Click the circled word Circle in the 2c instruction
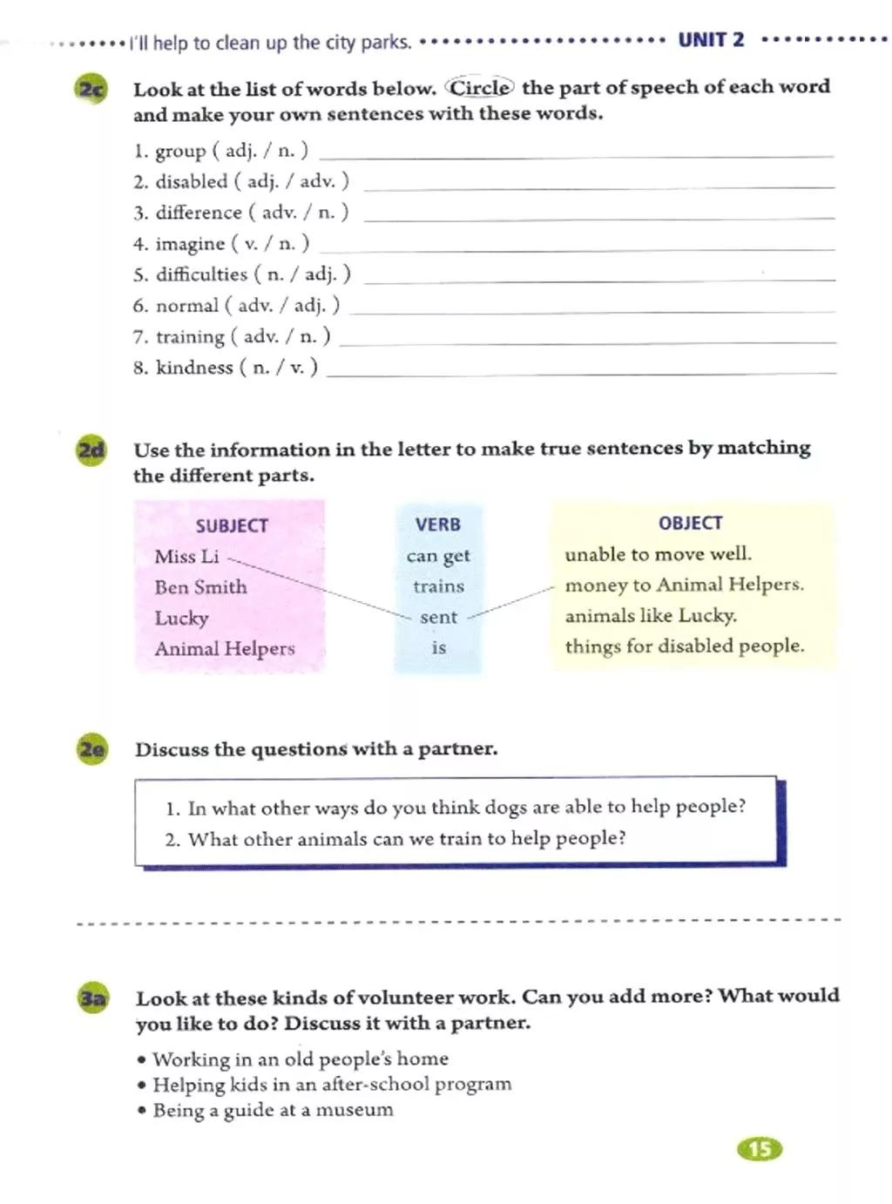point(480,87)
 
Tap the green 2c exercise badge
point(91,90)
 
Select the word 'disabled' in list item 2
point(192,181)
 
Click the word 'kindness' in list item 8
point(194,368)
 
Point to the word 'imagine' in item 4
point(190,244)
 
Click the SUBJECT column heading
point(232,525)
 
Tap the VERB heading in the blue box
point(437,524)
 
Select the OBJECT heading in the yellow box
point(690,523)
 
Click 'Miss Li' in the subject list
point(186,557)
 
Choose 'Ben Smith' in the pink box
point(200,587)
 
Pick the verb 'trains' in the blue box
point(438,586)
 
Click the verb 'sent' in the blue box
point(438,618)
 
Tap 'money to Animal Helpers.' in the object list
point(684,585)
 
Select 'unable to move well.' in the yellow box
point(658,554)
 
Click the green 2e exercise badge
point(92,749)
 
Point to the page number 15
point(760,1149)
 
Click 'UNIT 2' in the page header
point(711,40)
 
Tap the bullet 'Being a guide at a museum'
point(273,1110)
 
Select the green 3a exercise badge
point(92,998)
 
